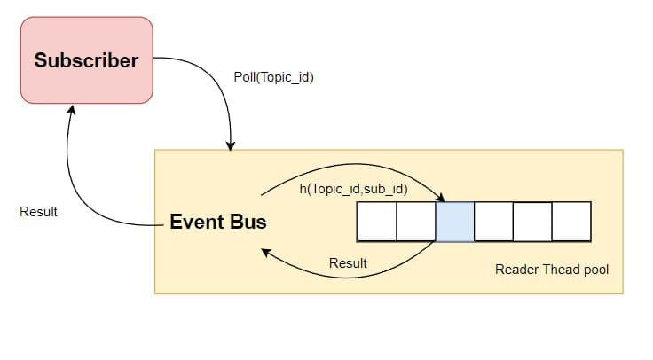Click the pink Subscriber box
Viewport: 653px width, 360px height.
[x=86, y=60]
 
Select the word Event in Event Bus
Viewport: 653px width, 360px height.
[x=195, y=222]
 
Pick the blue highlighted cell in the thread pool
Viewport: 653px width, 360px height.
[x=454, y=222]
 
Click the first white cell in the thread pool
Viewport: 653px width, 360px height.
[x=376, y=222]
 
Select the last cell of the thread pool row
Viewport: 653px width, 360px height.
[x=571, y=222]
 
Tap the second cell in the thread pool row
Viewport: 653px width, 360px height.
[x=415, y=222]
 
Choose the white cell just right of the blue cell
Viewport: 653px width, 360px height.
[x=493, y=222]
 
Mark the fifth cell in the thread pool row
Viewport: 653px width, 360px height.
[x=532, y=222]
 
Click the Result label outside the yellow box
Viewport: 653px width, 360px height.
[x=38, y=212]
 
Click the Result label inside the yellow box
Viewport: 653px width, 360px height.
[x=348, y=263]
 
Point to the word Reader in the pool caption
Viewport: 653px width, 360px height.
[x=515, y=269]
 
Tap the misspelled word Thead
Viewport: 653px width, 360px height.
[x=558, y=269]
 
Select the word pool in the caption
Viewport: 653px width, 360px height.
[x=594, y=269]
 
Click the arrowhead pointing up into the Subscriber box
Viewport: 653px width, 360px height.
[x=71, y=109]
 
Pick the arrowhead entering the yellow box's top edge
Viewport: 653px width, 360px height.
[x=231, y=144]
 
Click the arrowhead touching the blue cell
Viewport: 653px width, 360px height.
[x=441, y=199]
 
